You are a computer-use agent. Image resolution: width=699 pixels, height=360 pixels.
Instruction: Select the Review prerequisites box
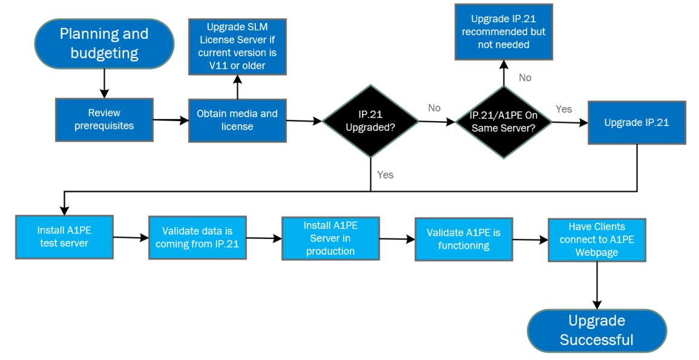(x=104, y=120)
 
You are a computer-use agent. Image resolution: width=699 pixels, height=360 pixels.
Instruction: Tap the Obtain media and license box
(x=237, y=120)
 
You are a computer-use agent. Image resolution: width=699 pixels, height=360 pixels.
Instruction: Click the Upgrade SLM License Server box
(x=237, y=47)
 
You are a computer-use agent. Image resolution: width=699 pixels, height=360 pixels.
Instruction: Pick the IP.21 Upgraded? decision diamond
(x=370, y=121)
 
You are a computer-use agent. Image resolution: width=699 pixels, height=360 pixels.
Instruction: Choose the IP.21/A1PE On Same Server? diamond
(x=504, y=121)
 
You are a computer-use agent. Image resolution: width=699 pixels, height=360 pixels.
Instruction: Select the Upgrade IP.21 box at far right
(x=637, y=122)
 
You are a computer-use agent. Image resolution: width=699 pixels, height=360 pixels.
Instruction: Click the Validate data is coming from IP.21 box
(x=197, y=237)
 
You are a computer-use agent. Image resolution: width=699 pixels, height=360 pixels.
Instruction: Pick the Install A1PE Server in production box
(x=330, y=238)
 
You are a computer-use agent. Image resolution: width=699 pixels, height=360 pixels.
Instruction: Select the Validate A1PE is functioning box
(x=464, y=239)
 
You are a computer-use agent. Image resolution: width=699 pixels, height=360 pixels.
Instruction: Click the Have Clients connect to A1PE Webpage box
(x=597, y=240)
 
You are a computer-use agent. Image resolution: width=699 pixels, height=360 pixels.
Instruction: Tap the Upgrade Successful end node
(x=596, y=330)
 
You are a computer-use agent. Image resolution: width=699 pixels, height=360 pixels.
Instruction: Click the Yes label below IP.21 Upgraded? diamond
(x=385, y=175)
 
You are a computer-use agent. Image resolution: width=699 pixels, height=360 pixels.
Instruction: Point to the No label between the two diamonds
(x=434, y=108)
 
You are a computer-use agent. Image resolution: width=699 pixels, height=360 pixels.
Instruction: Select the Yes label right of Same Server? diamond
(x=563, y=109)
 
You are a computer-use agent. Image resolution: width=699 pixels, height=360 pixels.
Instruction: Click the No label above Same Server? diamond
(x=525, y=77)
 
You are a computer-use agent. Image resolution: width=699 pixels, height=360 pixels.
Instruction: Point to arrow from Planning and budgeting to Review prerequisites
(x=104, y=84)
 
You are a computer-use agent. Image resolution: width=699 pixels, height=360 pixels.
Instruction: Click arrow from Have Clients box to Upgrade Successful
(x=597, y=285)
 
